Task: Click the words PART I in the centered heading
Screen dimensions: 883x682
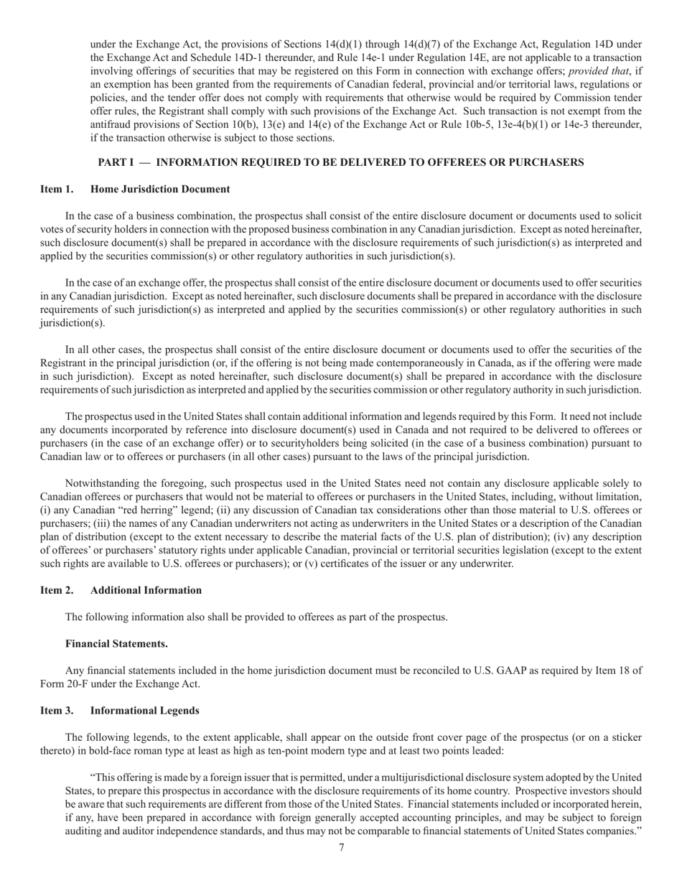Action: tap(116, 163)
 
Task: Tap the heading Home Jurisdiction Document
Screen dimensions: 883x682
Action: tap(160, 190)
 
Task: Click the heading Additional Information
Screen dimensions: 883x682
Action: tap(146, 590)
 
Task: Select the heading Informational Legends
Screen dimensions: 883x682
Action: tap(144, 711)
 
